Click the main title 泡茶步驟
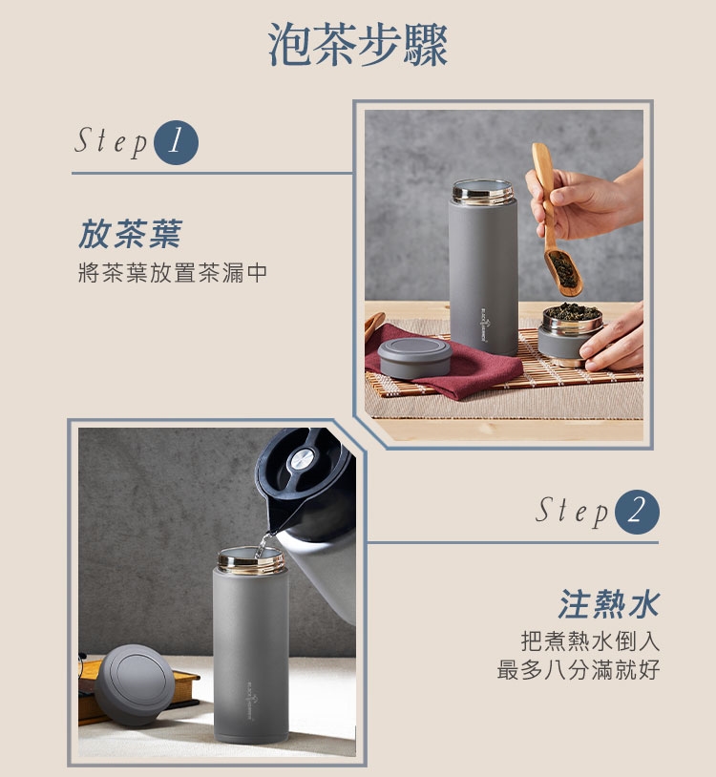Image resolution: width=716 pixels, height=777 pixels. point(358,45)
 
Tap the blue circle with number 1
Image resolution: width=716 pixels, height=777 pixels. point(176,142)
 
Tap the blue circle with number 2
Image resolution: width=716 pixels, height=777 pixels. point(637,512)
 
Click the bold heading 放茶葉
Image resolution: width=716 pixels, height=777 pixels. point(131,234)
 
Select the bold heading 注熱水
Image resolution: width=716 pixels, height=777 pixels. point(609,604)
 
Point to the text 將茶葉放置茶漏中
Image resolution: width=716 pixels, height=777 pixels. point(173,273)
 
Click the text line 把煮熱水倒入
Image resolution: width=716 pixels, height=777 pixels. point(590,641)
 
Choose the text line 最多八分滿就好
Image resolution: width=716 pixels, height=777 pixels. point(579,669)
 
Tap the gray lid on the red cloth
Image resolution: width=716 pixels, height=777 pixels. point(414,357)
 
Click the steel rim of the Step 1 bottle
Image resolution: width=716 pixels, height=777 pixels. point(483,192)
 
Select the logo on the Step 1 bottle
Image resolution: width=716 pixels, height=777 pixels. point(486,325)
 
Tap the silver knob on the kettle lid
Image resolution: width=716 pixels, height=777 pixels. point(303,459)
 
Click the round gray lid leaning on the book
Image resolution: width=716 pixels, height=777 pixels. point(135,684)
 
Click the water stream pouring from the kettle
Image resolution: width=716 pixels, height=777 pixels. point(262,545)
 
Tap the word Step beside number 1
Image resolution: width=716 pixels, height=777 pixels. point(111,142)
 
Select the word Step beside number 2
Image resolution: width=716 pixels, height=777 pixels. point(572,512)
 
